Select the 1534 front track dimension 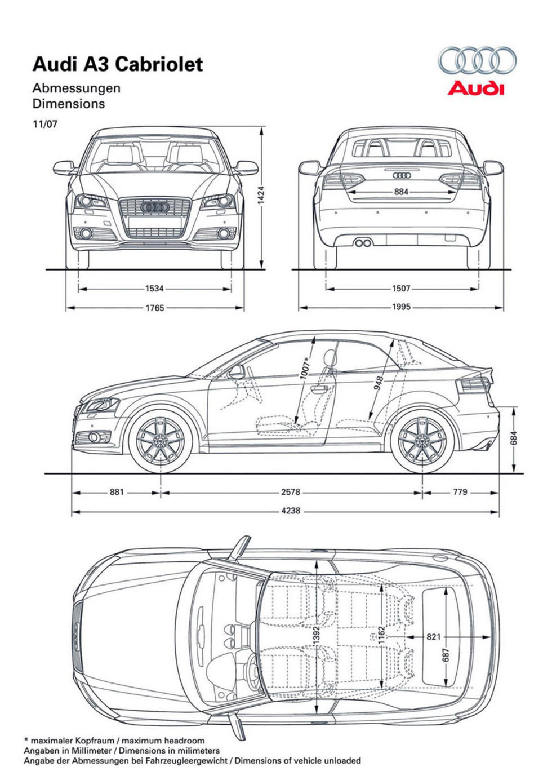click(154, 289)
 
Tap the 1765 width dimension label click(154, 308)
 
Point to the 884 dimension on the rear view click(401, 192)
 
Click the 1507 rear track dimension click(401, 289)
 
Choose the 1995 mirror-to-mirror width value click(401, 307)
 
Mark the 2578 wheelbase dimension click(291, 492)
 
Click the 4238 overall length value click(291, 511)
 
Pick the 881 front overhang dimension click(117, 492)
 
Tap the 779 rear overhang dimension click(460, 492)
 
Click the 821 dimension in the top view click(433, 637)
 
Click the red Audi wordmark click(476, 88)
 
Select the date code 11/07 click(45, 124)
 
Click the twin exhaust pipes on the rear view click(363, 243)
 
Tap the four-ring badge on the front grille click(155, 207)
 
